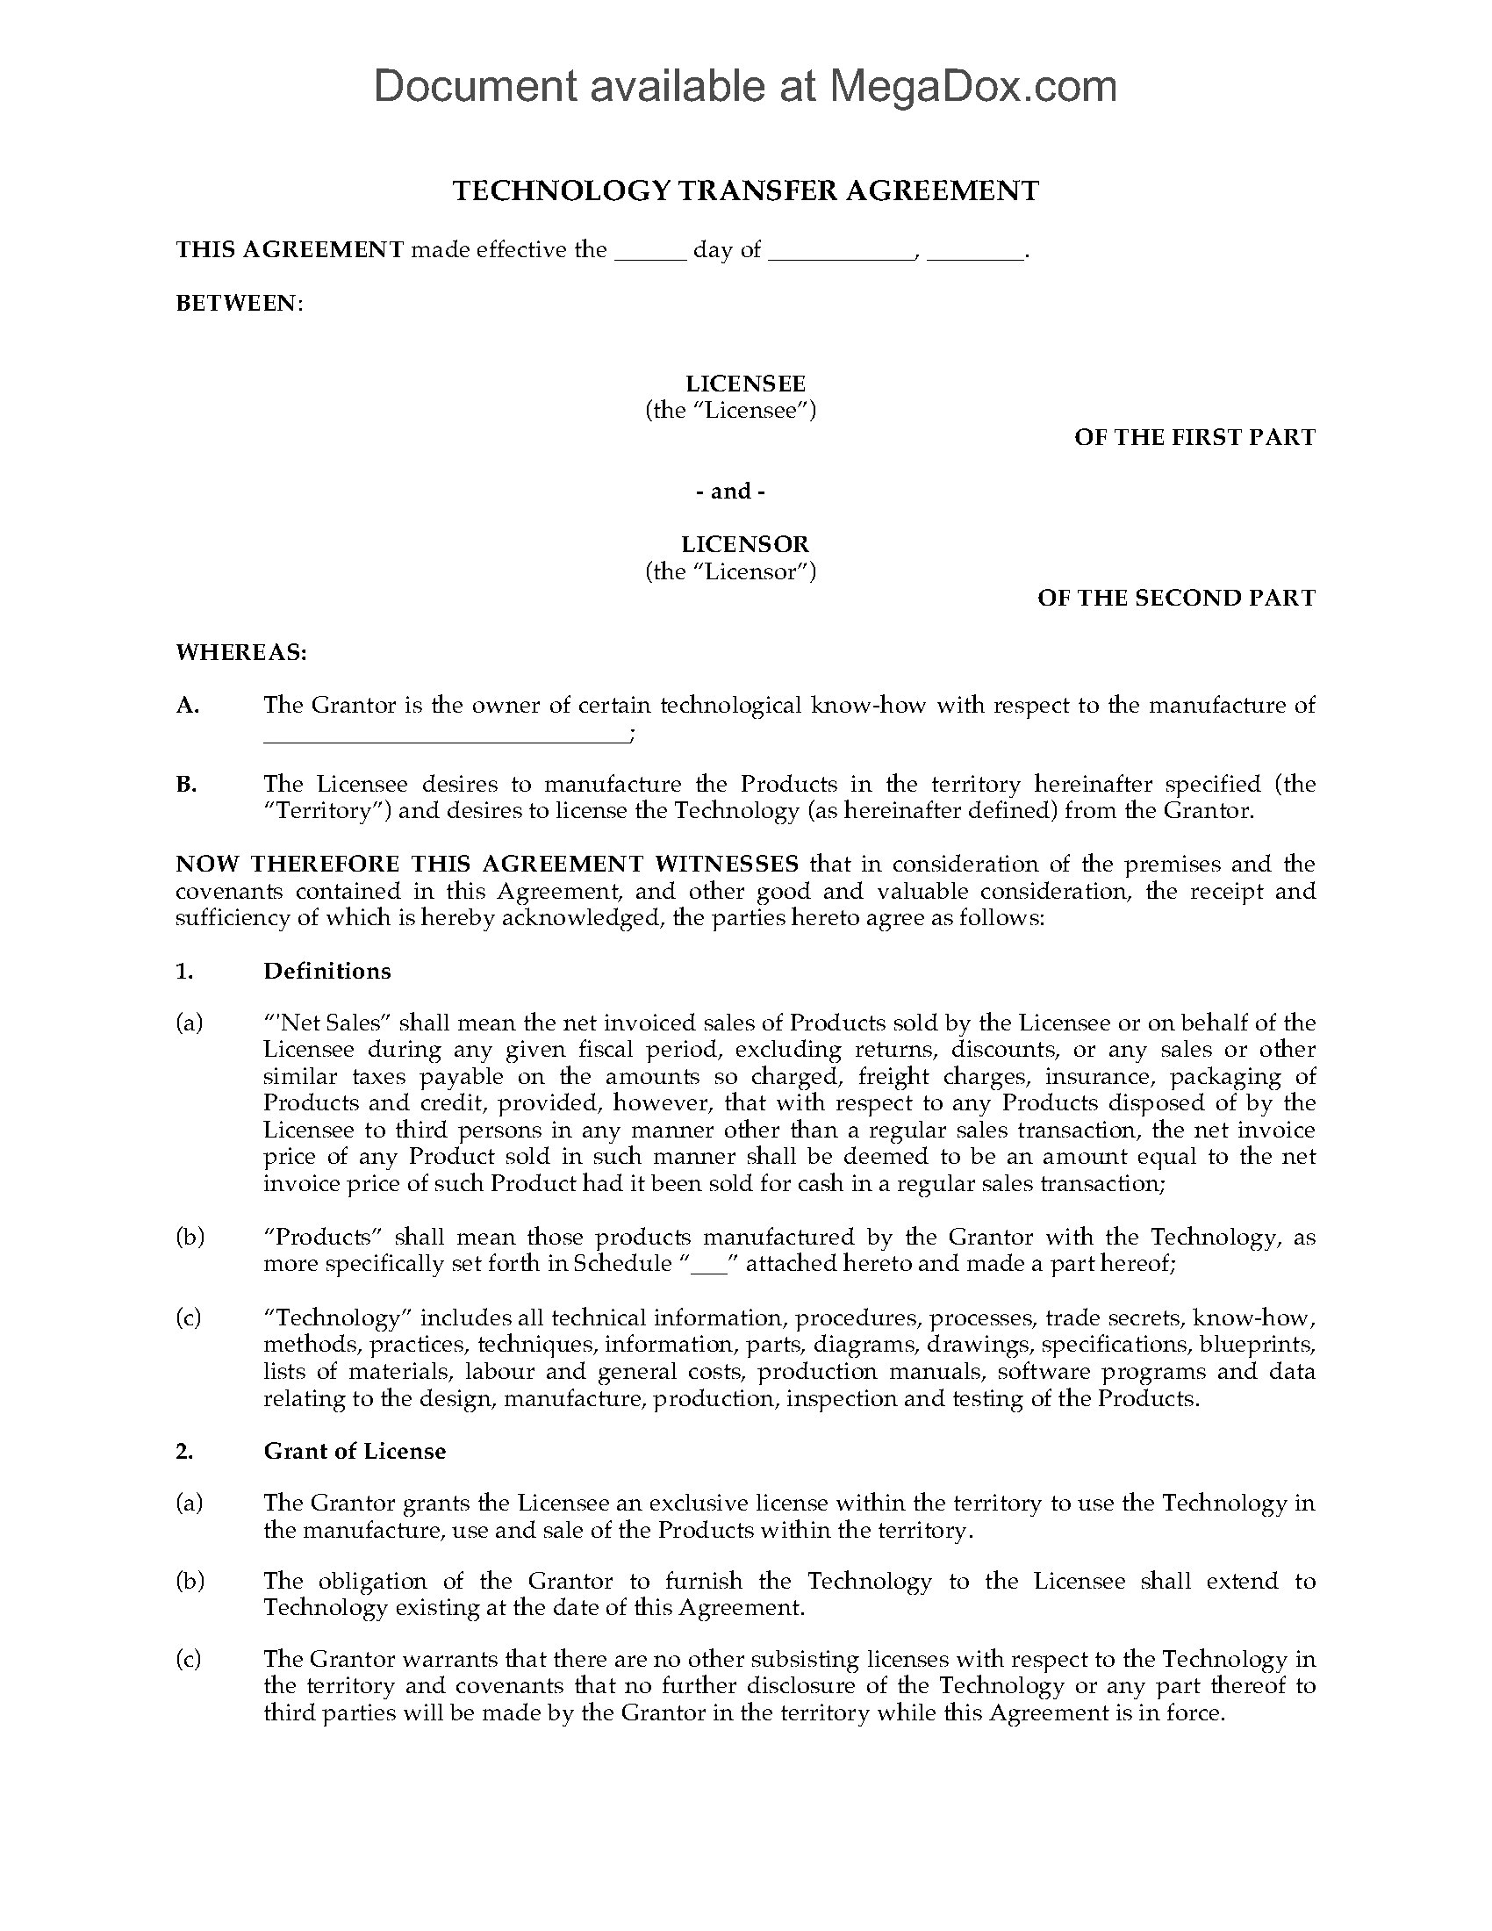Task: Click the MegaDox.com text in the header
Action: coord(972,86)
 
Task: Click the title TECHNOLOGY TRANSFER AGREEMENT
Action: coord(745,191)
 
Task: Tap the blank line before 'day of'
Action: coord(649,253)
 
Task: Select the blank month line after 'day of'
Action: coord(841,253)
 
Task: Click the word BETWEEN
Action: coord(239,304)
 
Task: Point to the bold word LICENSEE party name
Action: coord(745,384)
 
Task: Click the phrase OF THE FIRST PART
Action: coord(1194,438)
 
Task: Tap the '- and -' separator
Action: coord(730,492)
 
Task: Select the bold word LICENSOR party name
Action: coord(745,545)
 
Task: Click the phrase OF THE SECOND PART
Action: coord(1175,599)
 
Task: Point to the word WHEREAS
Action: coord(241,652)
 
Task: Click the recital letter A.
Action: coord(188,706)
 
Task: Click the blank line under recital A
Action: coord(447,736)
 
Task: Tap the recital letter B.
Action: coord(186,784)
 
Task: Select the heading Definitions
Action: coord(327,971)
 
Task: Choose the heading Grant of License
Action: coord(355,1451)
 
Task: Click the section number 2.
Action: coord(183,1451)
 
